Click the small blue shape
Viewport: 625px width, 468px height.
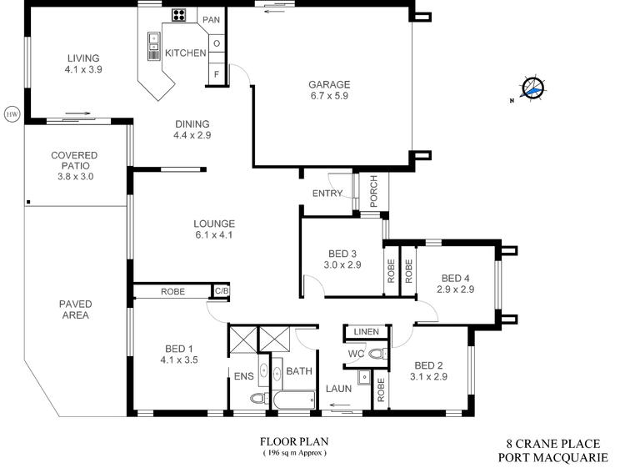(x=531, y=92)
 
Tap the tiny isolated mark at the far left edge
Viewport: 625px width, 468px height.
(x=12, y=114)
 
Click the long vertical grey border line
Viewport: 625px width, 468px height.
(x=22, y=284)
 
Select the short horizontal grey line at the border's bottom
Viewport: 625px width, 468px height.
(x=92, y=416)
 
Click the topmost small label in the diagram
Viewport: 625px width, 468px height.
(x=211, y=18)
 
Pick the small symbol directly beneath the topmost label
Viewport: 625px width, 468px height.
(x=216, y=42)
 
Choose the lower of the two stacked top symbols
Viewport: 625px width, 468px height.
(x=216, y=73)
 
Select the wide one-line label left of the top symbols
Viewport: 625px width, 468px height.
(x=184, y=53)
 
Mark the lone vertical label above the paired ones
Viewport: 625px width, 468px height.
(x=372, y=193)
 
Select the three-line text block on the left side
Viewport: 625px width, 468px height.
(x=73, y=165)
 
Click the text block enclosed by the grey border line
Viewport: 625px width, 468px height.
(x=73, y=308)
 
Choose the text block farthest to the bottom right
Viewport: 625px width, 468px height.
(x=430, y=370)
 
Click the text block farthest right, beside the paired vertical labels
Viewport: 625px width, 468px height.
(x=456, y=285)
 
